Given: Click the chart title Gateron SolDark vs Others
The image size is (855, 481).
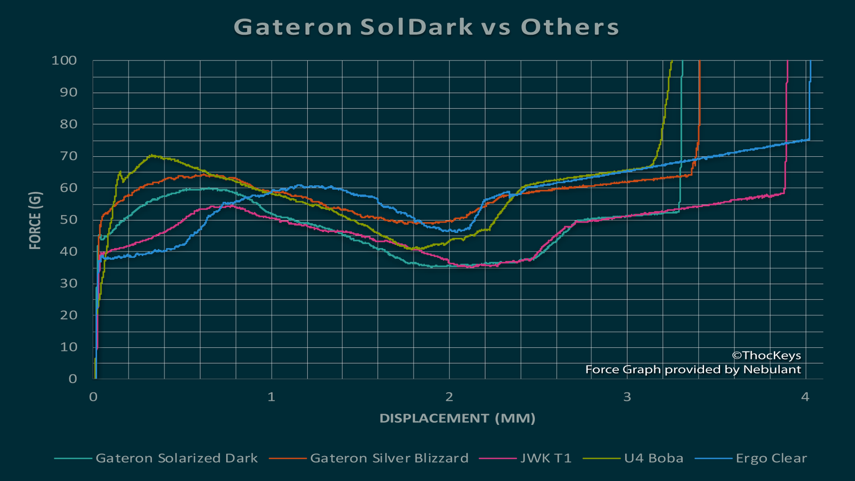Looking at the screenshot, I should [x=427, y=27].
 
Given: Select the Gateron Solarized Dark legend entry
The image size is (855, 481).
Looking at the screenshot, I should [x=176, y=458].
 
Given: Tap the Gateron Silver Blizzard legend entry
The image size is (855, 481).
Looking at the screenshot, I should [x=389, y=458].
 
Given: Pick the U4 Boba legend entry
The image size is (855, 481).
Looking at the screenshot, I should [x=654, y=458].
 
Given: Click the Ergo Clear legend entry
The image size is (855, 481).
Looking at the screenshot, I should [x=771, y=458].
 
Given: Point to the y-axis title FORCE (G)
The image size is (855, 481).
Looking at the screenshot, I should [x=36, y=219].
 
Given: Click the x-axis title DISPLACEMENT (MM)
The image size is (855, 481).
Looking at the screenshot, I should [x=457, y=418].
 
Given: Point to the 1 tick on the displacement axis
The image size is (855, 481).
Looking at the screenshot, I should [x=271, y=396].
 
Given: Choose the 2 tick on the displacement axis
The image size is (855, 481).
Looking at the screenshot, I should [x=449, y=396].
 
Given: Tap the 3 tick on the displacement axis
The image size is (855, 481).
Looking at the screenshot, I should [x=627, y=396].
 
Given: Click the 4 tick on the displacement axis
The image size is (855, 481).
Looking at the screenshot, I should [x=805, y=396].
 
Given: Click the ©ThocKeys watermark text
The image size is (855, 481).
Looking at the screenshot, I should [x=766, y=356].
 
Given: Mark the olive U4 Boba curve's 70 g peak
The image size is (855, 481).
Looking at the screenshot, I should [x=152, y=156].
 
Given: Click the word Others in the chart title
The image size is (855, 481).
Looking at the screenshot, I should [x=570, y=27].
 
